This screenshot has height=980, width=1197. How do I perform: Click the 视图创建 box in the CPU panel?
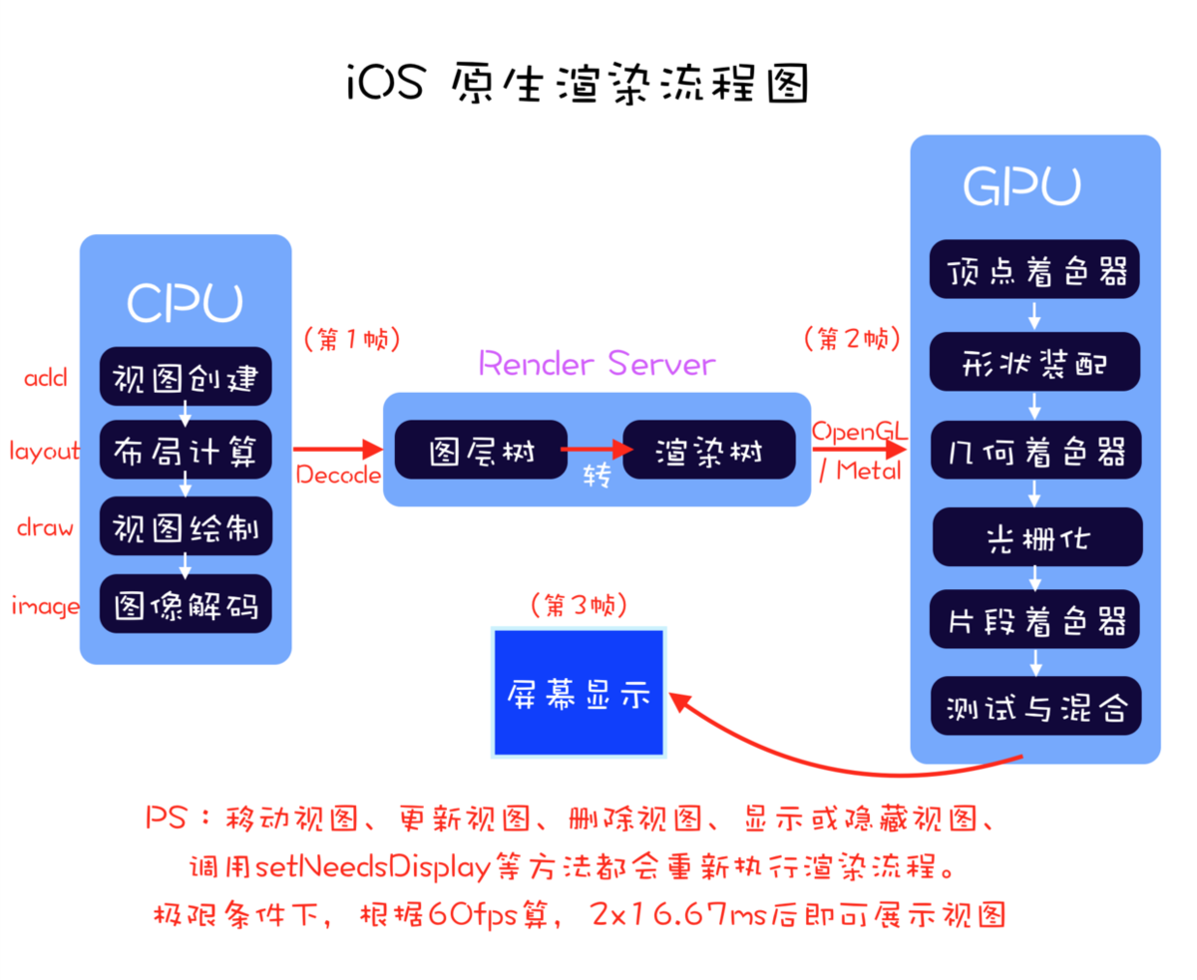pyautogui.click(x=186, y=379)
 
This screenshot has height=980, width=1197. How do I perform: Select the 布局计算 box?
pyautogui.click(x=186, y=452)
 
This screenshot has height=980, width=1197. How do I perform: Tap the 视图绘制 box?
pyautogui.click(x=186, y=525)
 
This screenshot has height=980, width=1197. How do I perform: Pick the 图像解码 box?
pyautogui.click(x=186, y=604)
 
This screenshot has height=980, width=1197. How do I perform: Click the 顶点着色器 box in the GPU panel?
pyautogui.click(x=1034, y=269)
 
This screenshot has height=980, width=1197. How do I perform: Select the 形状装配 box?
pyautogui.click(x=1034, y=362)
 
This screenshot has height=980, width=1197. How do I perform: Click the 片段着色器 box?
pyautogui.click(x=1034, y=621)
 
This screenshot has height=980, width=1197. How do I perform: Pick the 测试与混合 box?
pyautogui.click(x=1034, y=707)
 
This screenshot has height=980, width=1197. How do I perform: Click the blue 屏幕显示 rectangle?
pyautogui.click(x=579, y=692)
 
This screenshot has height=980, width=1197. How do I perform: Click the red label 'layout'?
pyautogui.click(x=45, y=451)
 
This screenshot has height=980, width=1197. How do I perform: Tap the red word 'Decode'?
pyautogui.click(x=338, y=476)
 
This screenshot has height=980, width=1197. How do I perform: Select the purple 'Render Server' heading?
pyautogui.click(x=597, y=364)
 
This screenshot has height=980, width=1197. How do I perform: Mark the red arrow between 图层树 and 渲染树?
pyautogui.click(x=597, y=450)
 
